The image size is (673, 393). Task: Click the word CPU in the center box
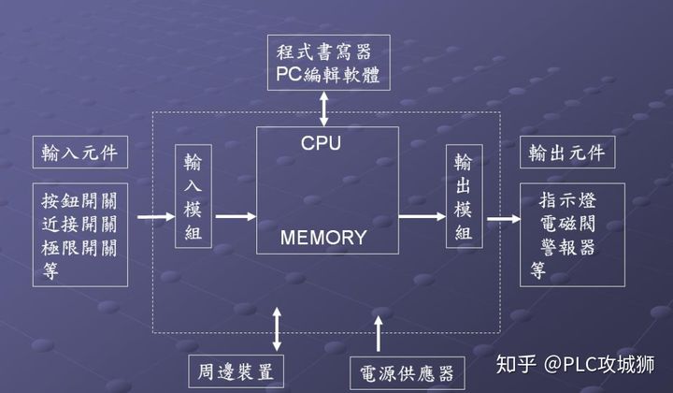[321, 144]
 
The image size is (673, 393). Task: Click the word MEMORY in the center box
[323, 238]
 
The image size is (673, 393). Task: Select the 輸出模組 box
[463, 196]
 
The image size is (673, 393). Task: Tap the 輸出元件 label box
[566, 152]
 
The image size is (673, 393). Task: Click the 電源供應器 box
[405, 373]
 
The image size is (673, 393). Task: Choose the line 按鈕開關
[79, 200]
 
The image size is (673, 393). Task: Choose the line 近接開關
[79, 225]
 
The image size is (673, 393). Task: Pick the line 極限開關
[79, 248]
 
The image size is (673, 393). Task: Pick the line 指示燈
[568, 199]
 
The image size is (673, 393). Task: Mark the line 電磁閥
[568, 224]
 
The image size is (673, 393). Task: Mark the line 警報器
[568, 247]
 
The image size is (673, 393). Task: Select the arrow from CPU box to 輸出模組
[422, 216]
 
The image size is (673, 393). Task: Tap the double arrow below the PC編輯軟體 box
[324, 108]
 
